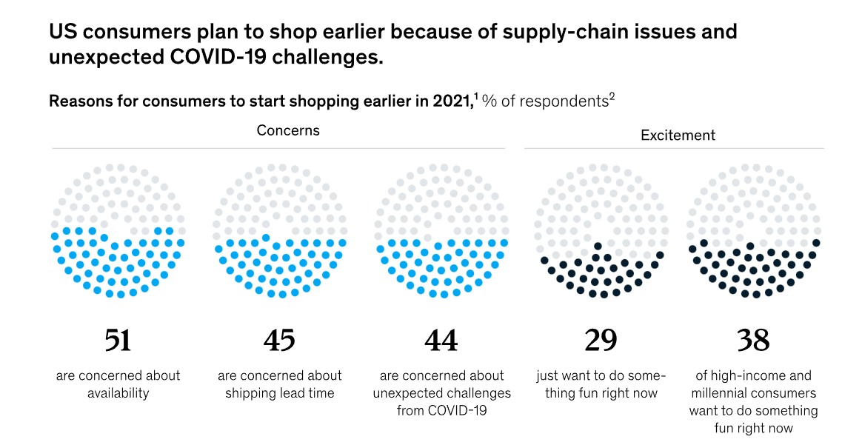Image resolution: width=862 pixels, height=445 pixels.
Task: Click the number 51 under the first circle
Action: tap(118, 339)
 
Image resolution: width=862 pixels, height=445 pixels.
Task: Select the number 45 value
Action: tap(278, 339)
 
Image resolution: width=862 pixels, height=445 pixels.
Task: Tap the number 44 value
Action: tap(441, 339)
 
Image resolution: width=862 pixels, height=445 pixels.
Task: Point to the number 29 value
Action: tap(601, 339)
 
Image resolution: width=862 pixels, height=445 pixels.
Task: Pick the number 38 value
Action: tap(753, 339)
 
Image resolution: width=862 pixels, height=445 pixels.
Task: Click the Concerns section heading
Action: tap(288, 130)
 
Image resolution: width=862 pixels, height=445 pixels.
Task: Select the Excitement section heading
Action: tap(678, 135)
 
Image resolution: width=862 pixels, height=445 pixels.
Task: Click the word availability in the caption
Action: tap(118, 393)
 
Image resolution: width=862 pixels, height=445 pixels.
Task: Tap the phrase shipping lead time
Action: tap(280, 393)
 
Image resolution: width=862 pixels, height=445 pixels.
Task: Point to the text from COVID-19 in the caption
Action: tap(441, 410)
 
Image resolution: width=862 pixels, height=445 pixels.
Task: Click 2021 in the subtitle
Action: tap(452, 101)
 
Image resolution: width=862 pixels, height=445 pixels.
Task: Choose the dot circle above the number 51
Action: tap(118, 230)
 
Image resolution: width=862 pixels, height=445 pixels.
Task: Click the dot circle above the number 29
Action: tap(601, 230)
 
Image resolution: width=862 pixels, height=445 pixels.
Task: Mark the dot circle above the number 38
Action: tap(753, 230)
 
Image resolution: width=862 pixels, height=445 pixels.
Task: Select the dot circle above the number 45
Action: tap(278, 230)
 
